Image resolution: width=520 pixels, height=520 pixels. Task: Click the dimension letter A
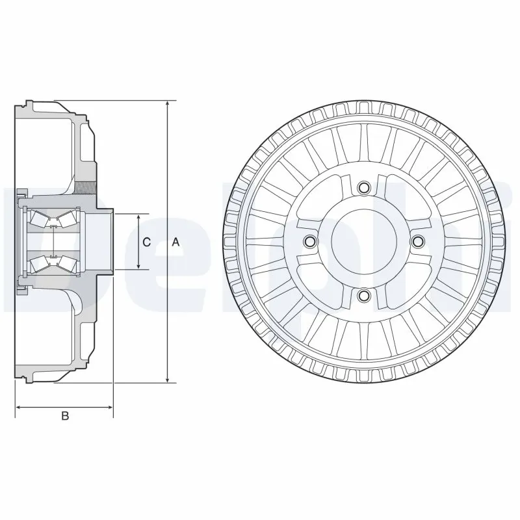tap(175, 242)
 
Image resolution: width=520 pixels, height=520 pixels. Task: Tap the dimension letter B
tap(64, 416)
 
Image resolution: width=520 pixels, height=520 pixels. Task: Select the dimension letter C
tap(147, 242)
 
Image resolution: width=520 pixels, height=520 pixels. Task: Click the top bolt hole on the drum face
tap(363, 187)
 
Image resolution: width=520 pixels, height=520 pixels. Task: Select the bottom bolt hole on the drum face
tap(363, 296)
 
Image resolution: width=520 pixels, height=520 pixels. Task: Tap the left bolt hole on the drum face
tap(309, 242)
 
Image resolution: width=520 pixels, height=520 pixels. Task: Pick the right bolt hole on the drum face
tap(418, 242)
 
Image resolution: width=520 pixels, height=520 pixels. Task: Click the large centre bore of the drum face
tap(363, 242)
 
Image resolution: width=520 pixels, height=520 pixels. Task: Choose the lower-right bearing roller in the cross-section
tap(65, 263)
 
